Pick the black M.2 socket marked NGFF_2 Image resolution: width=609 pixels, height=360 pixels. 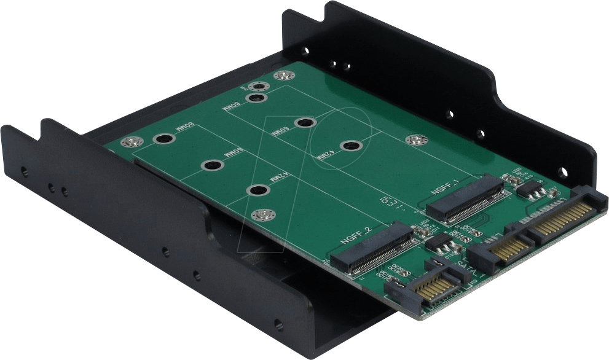pos(372,249)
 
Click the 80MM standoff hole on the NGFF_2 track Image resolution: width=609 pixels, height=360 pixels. pos(162,139)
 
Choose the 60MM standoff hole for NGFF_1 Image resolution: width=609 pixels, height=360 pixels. pos(305,123)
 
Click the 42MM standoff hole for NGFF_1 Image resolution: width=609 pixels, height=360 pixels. pos(350,146)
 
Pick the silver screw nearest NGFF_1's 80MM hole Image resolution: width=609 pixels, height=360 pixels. pos(282,76)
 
